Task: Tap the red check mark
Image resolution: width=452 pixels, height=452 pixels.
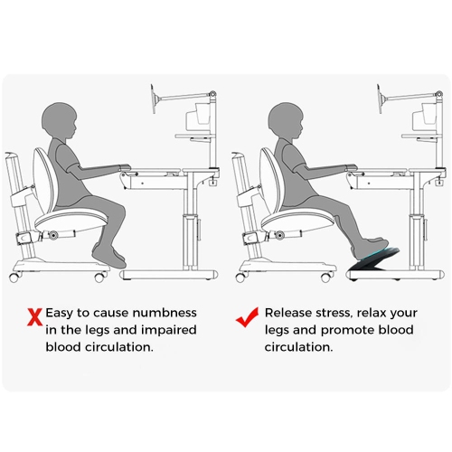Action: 247,316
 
